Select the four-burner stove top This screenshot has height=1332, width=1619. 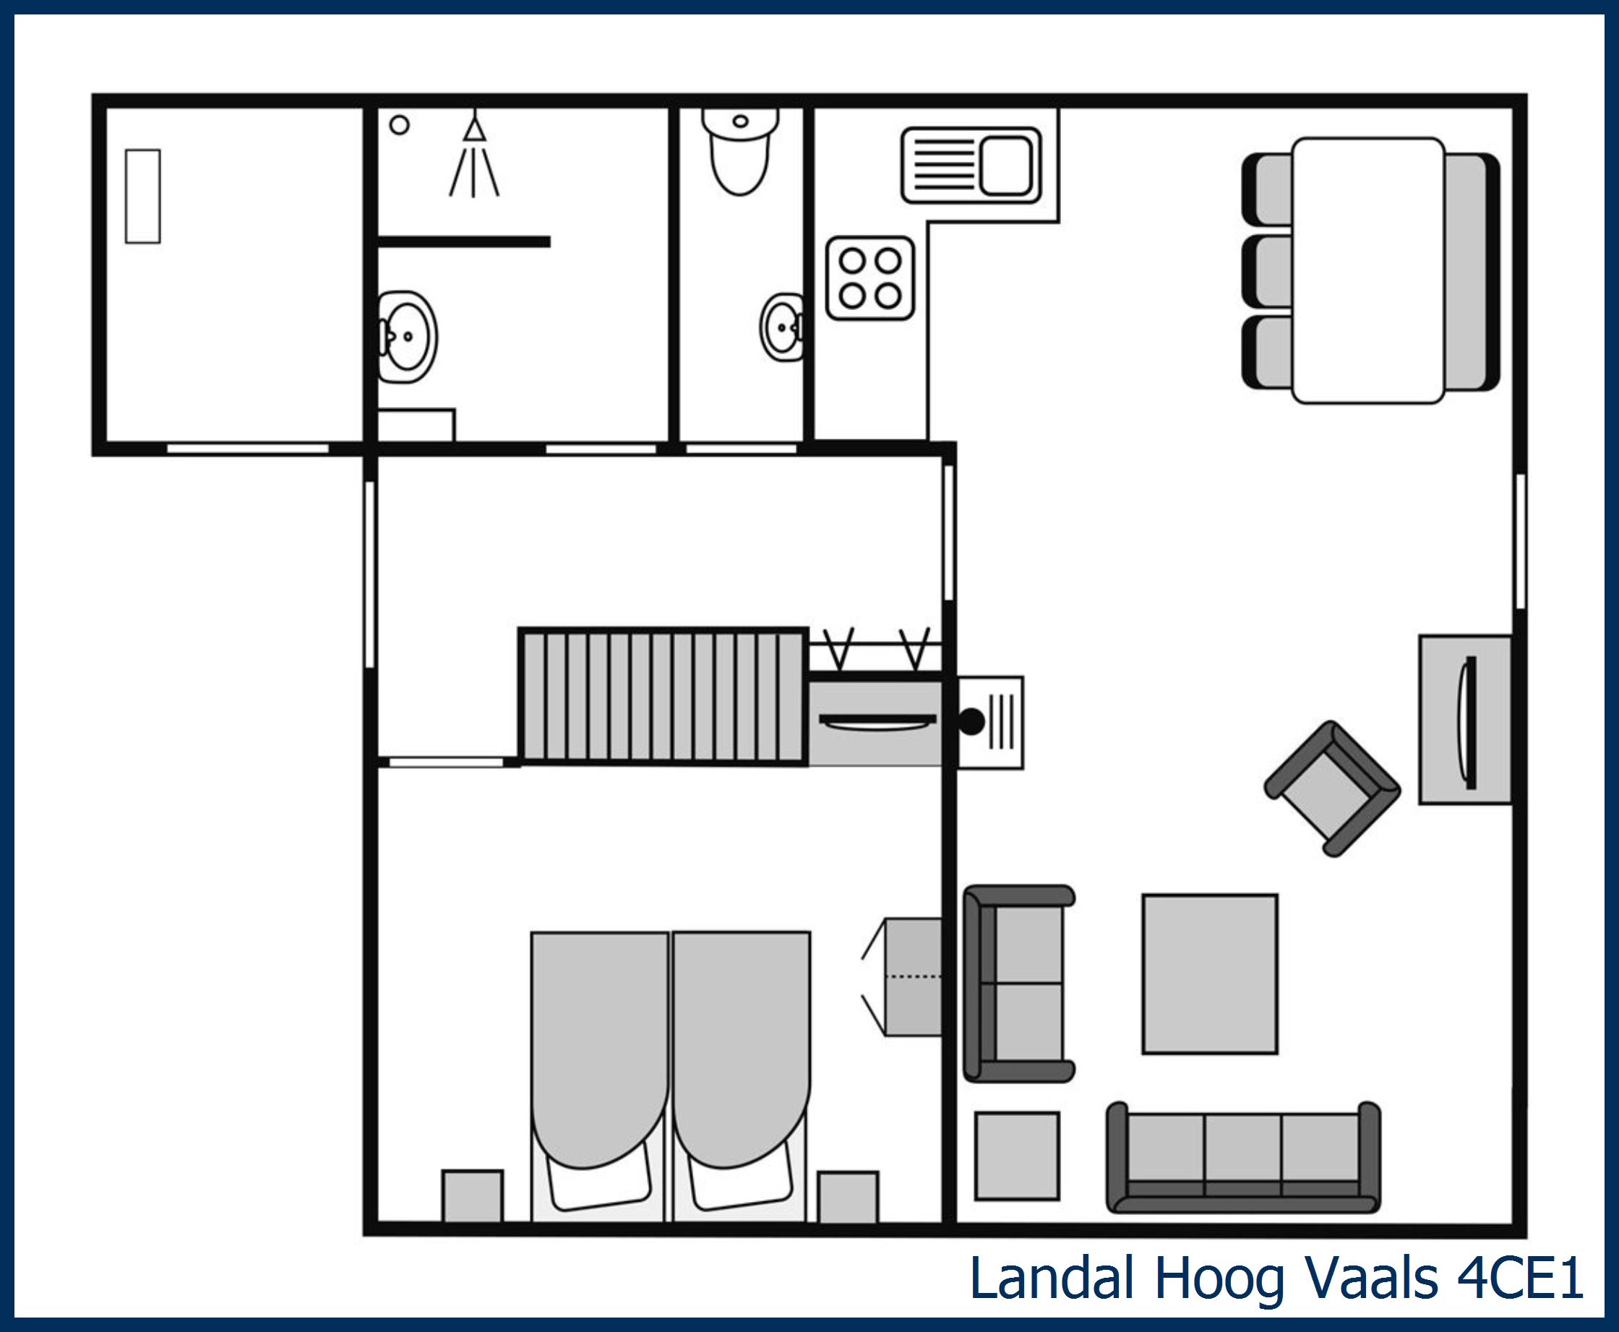pyautogui.click(x=870, y=278)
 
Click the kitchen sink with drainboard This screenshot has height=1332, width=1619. pyautogui.click(x=971, y=165)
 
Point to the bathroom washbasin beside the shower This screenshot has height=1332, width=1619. pyautogui.click(x=408, y=336)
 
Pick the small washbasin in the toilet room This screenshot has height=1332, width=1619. pyautogui.click(x=783, y=327)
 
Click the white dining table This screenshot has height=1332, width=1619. pyautogui.click(x=1368, y=270)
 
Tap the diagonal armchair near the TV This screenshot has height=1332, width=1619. pyautogui.click(x=1331, y=789)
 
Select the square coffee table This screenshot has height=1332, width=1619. pyautogui.click(x=1209, y=974)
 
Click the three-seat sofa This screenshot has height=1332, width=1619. pyautogui.click(x=1242, y=1158)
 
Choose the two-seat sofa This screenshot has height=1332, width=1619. pyautogui.click(x=1019, y=984)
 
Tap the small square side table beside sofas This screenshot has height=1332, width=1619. pyautogui.click(x=1017, y=1156)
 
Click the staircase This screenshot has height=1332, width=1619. pyautogui.click(x=663, y=697)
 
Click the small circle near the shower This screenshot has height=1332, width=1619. pyautogui.click(x=399, y=124)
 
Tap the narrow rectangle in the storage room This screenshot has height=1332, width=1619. pyautogui.click(x=142, y=197)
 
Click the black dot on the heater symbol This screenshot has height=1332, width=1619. pyautogui.click(x=971, y=722)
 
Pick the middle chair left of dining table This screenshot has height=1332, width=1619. pyautogui.click(x=1268, y=270)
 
